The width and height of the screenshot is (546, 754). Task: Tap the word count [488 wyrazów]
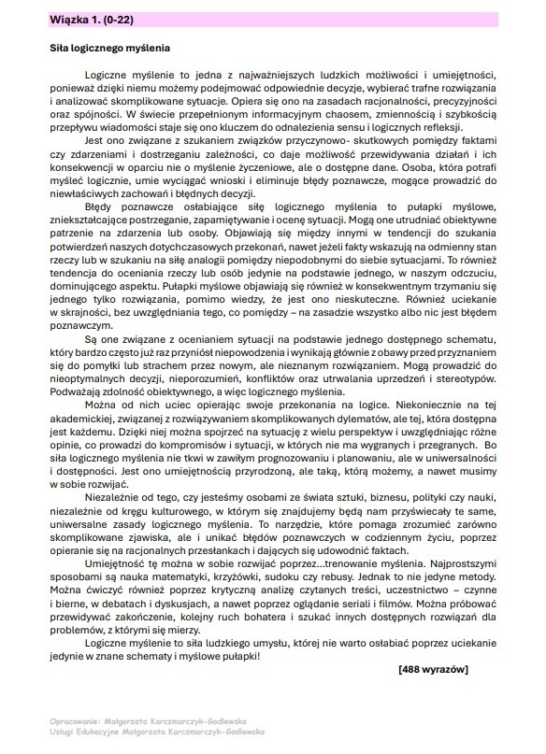(x=432, y=669)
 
